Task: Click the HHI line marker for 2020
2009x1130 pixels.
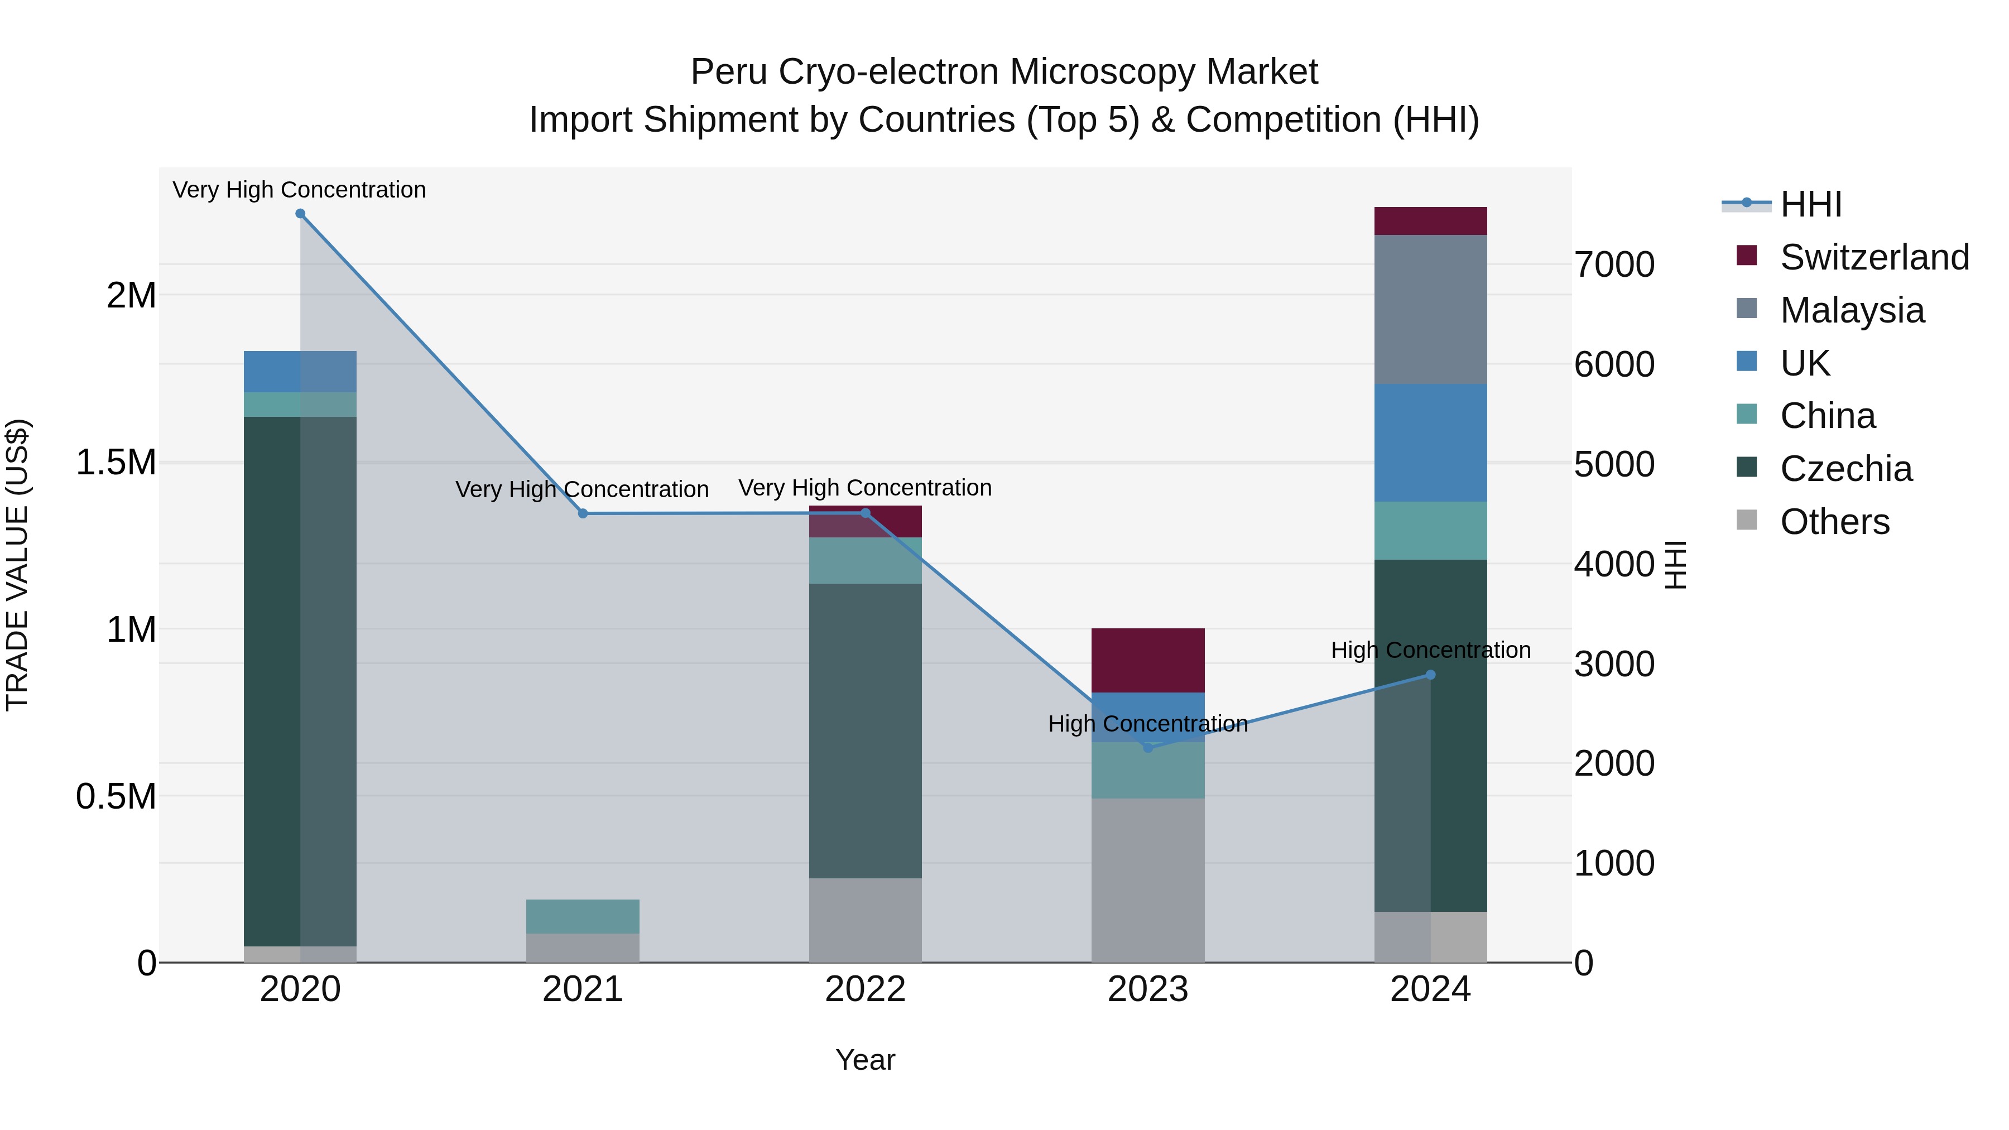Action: coord(300,214)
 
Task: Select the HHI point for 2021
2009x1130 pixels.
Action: coord(583,513)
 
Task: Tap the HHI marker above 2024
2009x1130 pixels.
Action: coord(1430,675)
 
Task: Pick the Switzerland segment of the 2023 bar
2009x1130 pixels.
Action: coord(1147,660)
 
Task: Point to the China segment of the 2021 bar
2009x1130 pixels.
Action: coord(583,916)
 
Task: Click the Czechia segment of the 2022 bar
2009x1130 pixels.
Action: coord(865,730)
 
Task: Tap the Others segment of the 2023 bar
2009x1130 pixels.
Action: coord(1147,879)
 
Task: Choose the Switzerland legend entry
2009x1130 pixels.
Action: coord(1874,257)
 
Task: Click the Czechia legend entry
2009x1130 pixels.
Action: coord(1846,469)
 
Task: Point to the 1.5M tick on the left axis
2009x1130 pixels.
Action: coord(116,463)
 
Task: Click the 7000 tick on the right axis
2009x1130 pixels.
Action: coord(1614,265)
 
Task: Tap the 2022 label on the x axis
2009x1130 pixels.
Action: coord(865,989)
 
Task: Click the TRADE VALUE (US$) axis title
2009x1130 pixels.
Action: coord(17,565)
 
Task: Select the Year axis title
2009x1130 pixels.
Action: coord(865,1060)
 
